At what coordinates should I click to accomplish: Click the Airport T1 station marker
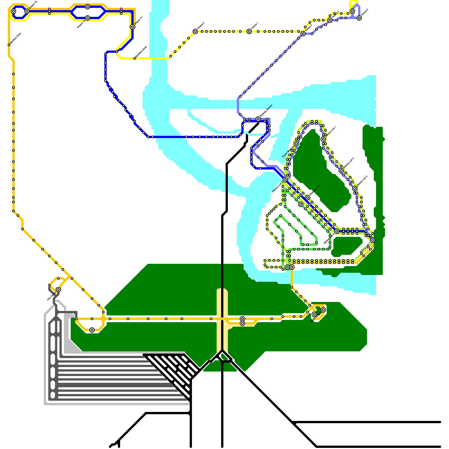pyautogui.click(x=132, y=27)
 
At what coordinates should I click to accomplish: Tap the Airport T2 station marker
pyautogui.click(x=88, y=18)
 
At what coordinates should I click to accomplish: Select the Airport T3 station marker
pyautogui.click(x=27, y=11)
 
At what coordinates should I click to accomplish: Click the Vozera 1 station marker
pyautogui.click(x=249, y=31)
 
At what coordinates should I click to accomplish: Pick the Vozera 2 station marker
pyautogui.click(x=195, y=31)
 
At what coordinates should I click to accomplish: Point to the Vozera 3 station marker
pyautogui.click(x=303, y=34)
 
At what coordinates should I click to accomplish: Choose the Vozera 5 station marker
pyautogui.click(x=359, y=18)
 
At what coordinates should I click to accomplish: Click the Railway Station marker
pyautogui.click(x=258, y=119)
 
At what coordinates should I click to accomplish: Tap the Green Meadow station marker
pyautogui.click(x=296, y=144)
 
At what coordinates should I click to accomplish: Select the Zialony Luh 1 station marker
pyautogui.click(x=323, y=139)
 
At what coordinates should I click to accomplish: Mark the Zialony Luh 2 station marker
pyautogui.click(x=341, y=171)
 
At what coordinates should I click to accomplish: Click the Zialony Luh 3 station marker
pyautogui.click(x=355, y=189)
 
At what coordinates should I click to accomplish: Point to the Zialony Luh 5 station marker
pyautogui.click(x=308, y=198)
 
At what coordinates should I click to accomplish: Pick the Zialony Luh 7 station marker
pyautogui.click(x=373, y=240)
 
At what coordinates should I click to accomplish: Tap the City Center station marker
pyautogui.click(x=58, y=290)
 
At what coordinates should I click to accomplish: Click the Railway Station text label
pyautogui.click(x=266, y=111)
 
